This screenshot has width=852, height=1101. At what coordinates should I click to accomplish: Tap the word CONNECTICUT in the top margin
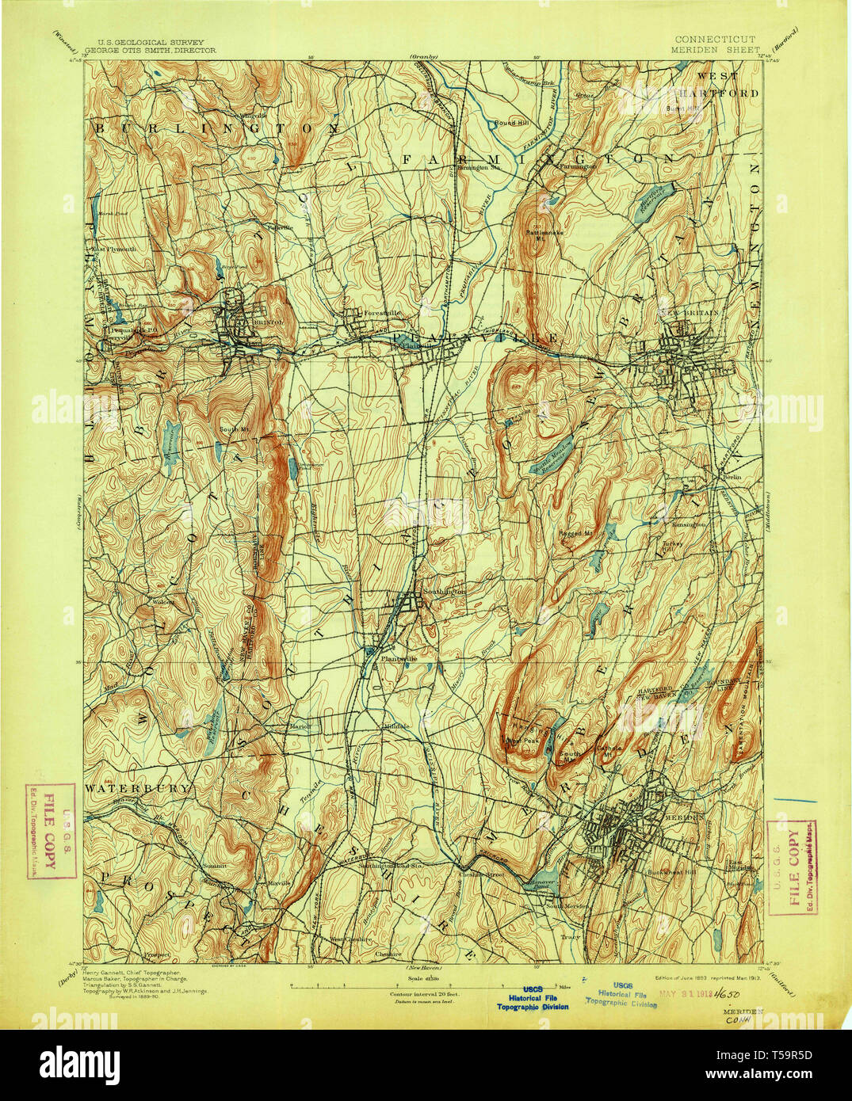click(715, 39)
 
